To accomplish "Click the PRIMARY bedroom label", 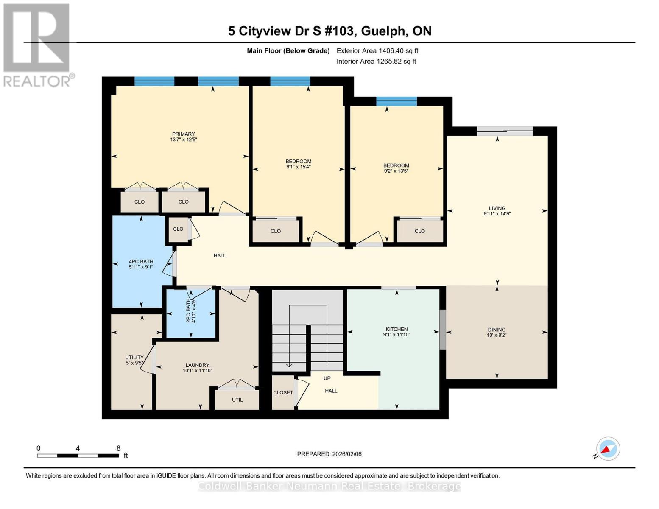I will pyautogui.click(x=183, y=134).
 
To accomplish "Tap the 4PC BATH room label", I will pyautogui.click(x=141, y=262).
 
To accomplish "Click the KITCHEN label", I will pyautogui.click(x=397, y=330).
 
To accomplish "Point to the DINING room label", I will pyautogui.click(x=497, y=330).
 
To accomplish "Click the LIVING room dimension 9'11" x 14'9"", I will pyautogui.click(x=497, y=214).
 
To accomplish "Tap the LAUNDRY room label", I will pyautogui.click(x=197, y=365).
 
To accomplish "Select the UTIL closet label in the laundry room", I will pyautogui.click(x=237, y=400).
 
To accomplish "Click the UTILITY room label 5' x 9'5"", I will pyautogui.click(x=134, y=360).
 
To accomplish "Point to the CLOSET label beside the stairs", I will pyautogui.click(x=283, y=393).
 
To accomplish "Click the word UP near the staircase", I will pyautogui.click(x=327, y=378).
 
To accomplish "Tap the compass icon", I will pyautogui.click(x=608, y=449).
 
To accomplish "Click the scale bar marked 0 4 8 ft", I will pyautogui.click(x=78, y=456).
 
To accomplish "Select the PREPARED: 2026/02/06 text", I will pyautogui.click(x=329, y=454).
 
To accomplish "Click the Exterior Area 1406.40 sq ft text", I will pyautogui.click(x=377, y=51).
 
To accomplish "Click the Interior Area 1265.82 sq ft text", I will pyautogui.click(x=376, y=62).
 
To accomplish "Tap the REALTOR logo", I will pyautogui.click(x=37, y=45).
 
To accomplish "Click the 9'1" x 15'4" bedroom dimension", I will pyautogui.click(x=298, y=167).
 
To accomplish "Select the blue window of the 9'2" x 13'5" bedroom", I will pyautogui.click(x=397, y=101).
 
